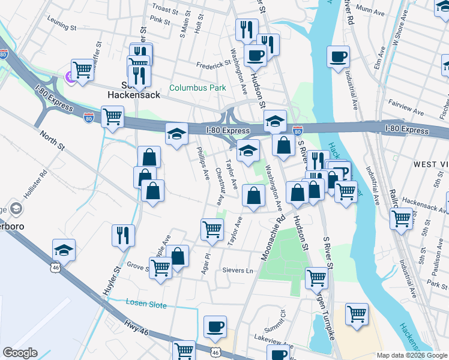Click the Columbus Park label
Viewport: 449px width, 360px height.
pyautogui.click(x=197, y=88)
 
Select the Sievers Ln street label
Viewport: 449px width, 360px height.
pyautogui.click(x=237, y=271)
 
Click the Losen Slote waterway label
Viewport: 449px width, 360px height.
pyautogui.click(x=146, y=304)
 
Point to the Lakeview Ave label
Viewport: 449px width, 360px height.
pyautogui.click(x=273, y=346)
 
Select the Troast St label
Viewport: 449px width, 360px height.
pyautogui.click(x=166, y=10)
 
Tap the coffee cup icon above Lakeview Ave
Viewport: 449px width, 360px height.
pyautogui.click(x=215, y=326)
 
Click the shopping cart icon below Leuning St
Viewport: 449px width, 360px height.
pyautogui.click(x=82, y=69)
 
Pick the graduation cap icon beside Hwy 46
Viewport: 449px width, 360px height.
pyautogui.click(x=64, y=250)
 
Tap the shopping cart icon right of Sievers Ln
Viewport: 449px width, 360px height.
pyautogui.click(x=316, y=278)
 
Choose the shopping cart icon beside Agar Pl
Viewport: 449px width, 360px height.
pyautogui.click(x=212, y=229)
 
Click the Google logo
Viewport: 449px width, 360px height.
pyautogui.click(x=20, y=353)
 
